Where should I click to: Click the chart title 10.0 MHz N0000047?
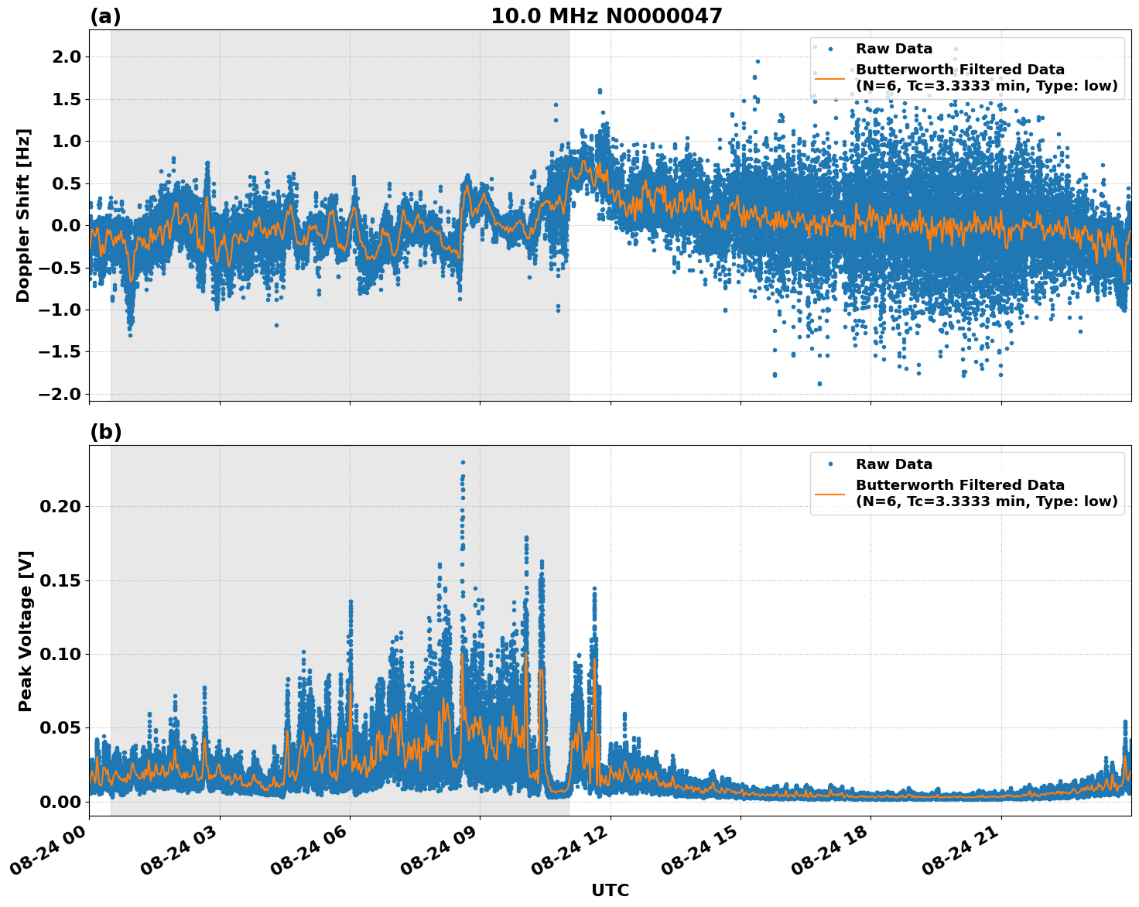point(606,16)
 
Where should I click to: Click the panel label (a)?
point(105,16)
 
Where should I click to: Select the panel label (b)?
point(105,432)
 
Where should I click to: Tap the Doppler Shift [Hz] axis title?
point(24,215)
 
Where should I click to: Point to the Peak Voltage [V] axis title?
point(26,631)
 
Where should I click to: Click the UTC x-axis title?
point(610,890)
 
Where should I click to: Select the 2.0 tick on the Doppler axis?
point(65,56)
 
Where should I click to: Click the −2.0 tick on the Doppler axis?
point(60,394)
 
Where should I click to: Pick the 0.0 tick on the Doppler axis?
point(65,225)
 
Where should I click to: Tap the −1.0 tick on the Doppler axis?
point(60,310)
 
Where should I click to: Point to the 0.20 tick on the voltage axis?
point(60,506)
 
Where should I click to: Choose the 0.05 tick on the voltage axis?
point(60,727)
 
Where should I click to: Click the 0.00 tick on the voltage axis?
point(60,801)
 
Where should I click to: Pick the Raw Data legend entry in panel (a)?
point(894,49)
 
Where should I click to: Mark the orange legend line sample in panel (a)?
point(829,77)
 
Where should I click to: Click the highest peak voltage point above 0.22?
point(463,462)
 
